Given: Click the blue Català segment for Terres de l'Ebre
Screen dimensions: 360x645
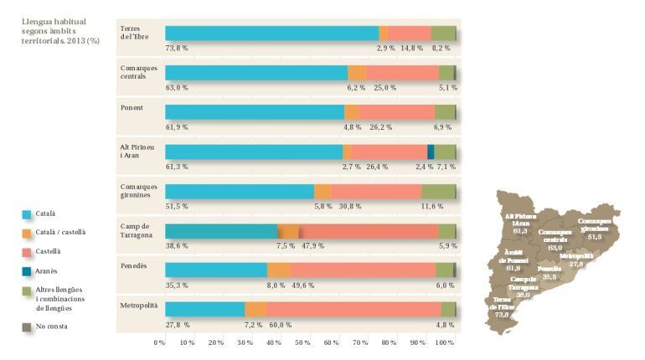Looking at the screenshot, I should pos(271,33).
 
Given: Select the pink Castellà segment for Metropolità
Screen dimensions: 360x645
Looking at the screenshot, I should pos(353,310).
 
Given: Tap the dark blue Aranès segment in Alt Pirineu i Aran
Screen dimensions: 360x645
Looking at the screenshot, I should pos(431,152).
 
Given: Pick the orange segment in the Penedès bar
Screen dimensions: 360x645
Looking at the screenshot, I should pos(279,270).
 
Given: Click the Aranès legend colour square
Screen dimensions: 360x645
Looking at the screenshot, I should pos(28,270).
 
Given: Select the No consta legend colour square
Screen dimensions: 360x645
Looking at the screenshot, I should pos(28,326).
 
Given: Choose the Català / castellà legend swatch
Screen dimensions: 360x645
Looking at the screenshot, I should pos(28,232).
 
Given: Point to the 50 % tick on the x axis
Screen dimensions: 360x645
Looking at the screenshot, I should pos(302,343).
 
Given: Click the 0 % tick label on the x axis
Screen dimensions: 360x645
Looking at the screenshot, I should pos(159,343).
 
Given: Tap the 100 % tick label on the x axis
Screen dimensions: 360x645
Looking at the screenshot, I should pos(445,343).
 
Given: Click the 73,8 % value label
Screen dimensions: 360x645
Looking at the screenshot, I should pos(176,49).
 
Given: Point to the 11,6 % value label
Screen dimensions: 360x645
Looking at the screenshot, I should pos(432,206).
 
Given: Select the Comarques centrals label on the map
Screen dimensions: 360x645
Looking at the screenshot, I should pos(555,239).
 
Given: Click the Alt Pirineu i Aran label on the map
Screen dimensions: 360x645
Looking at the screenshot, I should pos(520,223).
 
